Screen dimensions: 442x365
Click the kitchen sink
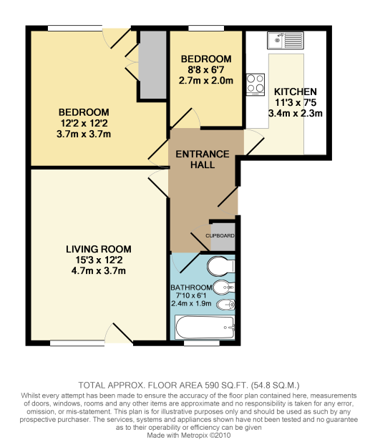(286, 39)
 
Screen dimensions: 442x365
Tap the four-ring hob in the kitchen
(255, 84)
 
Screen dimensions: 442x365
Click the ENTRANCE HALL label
(203, 159)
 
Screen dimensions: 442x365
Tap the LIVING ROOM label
(99, 249)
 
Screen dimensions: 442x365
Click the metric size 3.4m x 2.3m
(295, 113)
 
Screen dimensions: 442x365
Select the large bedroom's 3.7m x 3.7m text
(84, 134)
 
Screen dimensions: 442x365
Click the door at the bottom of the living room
(119, 335)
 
